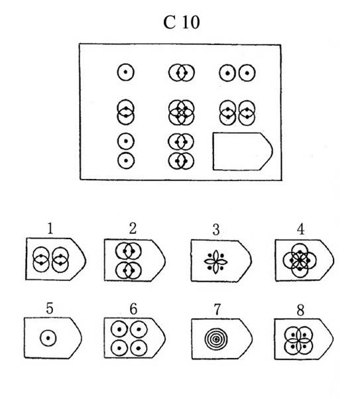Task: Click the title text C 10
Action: tap(181, 22)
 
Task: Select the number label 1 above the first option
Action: tap(50, 228)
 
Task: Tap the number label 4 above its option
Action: tap(300, 229)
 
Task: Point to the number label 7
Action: tap(217, 310)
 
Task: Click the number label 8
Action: tap(300, 310)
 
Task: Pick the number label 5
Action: tap(49, 308)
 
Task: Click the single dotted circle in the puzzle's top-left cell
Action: tap(125, 72)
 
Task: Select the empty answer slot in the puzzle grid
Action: tap(243, 151)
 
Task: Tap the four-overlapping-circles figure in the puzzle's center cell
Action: tap(181, 112)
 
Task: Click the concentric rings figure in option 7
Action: tap(216, 339)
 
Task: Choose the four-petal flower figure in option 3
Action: tap(215, 262)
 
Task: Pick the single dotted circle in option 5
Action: tap(48, 338)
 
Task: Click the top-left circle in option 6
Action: tap(119, 329)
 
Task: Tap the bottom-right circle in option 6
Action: tap(139, 348)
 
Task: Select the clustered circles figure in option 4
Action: tap(300, 260)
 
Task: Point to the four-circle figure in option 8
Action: tap(298, 341)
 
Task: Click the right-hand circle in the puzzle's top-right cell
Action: tap(247, 73)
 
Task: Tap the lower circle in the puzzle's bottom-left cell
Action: tap(126, 160)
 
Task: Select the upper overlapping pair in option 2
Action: tap(128, 251)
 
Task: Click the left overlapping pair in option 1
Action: tap(41, 260)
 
